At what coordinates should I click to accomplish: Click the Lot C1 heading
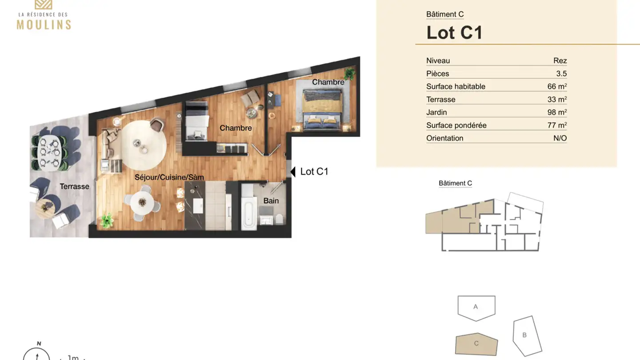point(454,32)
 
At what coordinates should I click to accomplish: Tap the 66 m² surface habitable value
point(556,86)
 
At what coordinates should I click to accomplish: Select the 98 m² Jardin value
point(556,112)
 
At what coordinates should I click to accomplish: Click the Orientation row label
point(444,138)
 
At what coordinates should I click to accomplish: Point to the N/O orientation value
point(560,138)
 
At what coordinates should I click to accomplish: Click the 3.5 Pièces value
point(561,73)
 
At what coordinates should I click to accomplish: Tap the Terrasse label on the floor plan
point(74,186)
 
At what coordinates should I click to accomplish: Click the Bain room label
point(271,200)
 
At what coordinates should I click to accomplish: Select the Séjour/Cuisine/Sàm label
point(169,177)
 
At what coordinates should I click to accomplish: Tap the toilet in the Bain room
point(279,219)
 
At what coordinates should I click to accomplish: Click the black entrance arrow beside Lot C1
point(293,172)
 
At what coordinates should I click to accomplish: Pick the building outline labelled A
point(476,307)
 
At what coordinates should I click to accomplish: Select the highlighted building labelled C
point(476,344)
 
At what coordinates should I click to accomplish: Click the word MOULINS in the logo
point(44,24)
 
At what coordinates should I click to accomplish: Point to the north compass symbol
point(36,354)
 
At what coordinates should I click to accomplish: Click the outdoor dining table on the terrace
point(49,152)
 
